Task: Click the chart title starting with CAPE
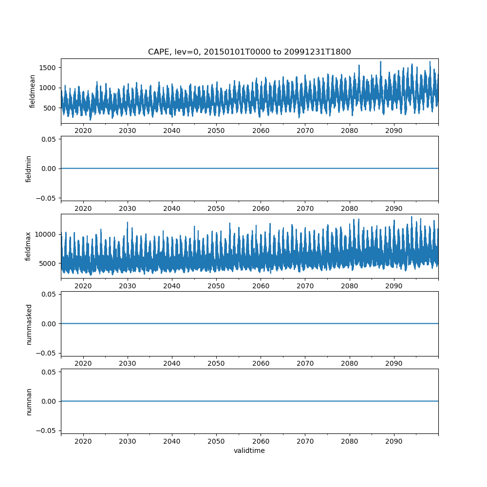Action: [249, 52]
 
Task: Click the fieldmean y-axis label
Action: [33, 91]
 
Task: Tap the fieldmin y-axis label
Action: [29, 169]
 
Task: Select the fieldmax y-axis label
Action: [29, 246]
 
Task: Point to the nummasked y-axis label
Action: [29, 324]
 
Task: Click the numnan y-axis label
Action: [29, 401]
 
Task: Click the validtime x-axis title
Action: [249, 451]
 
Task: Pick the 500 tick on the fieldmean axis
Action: [51, 108]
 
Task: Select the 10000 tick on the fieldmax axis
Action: [47, 234]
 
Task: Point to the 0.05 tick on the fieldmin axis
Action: [49, 139]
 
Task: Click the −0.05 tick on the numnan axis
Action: [47, 431]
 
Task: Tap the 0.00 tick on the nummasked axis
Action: [49, 324]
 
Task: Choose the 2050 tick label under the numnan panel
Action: [216, 441]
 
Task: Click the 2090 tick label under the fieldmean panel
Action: [393, 131]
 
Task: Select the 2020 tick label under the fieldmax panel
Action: [83, 286]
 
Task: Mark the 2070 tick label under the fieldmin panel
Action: [305, 208]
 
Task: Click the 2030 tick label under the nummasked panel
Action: [128, 363]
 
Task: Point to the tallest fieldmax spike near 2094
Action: [412, 217]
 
